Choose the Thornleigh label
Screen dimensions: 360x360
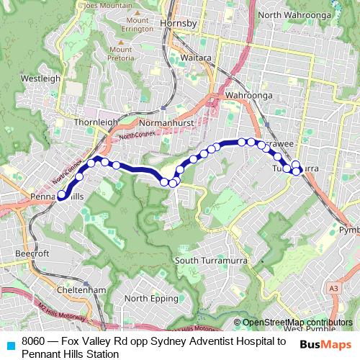click(x=96, y=122)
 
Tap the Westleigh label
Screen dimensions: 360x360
click(x=35, y=76)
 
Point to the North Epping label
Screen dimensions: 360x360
click(x=150, y=298)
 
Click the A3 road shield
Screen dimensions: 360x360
click(x=333, y=288)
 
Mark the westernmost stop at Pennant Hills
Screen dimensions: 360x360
click(x=60, y=194)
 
